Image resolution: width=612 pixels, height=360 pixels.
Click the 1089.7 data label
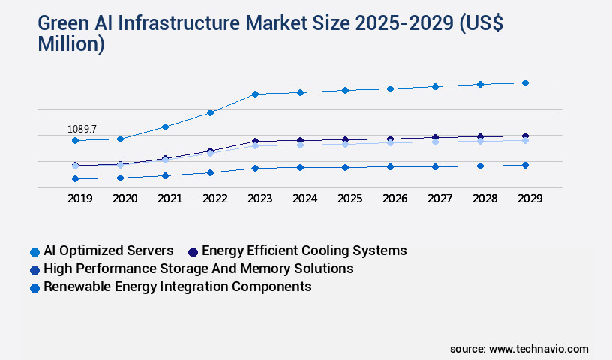82,130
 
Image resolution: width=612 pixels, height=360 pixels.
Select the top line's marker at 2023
255,94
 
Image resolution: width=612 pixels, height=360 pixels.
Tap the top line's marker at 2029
525,82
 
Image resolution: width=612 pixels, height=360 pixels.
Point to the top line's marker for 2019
75,140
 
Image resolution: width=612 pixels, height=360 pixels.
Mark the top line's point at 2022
210,112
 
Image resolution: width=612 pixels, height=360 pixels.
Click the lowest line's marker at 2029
525,165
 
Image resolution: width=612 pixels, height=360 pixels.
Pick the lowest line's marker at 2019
75,178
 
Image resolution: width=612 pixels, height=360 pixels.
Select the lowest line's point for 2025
345,167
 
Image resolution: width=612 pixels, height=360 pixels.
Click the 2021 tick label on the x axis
169,199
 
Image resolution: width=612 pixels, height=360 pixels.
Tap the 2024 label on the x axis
304,199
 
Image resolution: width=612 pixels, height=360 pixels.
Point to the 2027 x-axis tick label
439,199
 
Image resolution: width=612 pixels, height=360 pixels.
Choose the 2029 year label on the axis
529,199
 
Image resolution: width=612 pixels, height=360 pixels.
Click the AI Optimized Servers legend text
109,250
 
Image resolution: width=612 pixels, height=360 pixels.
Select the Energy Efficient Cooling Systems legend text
304,250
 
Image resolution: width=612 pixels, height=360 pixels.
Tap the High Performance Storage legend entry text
198,268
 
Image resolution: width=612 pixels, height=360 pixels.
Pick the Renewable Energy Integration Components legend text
177,286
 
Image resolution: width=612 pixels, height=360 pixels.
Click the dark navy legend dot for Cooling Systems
193,252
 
